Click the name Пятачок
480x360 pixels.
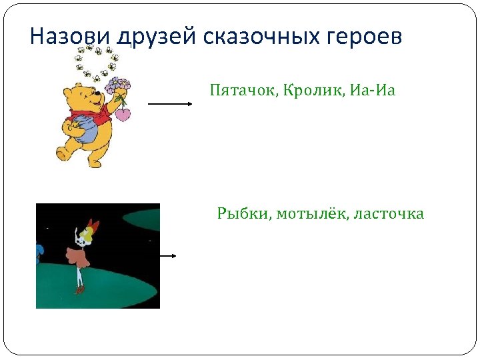click(x=240, y=90)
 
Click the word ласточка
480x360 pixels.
click(x=389, y=214)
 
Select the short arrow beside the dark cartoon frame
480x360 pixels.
click(x=167, y=255)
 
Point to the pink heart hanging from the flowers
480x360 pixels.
click(x=123, y=115)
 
